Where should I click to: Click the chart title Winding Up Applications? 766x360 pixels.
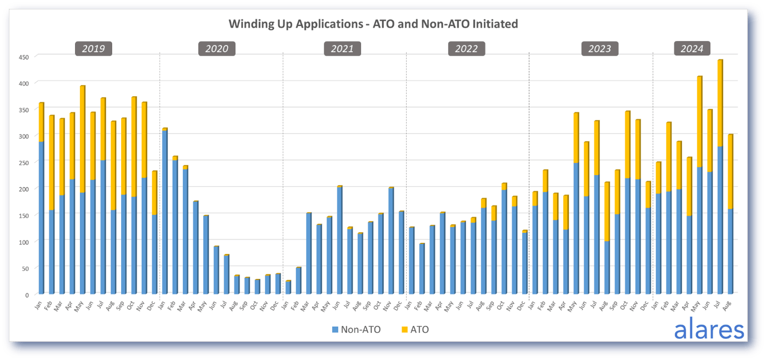click(373, 24)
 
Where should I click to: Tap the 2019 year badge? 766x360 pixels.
click(93, 49)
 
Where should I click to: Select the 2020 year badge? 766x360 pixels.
click(217, 49)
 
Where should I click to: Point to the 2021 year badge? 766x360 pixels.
click(342, 49)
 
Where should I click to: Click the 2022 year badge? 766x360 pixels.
click(467, 49)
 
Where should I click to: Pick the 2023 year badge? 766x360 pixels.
click(599, 49)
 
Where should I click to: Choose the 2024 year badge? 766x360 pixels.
click(692, 49)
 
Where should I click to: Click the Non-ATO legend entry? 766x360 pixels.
click(356, 329)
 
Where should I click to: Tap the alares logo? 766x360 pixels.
click(709, 329)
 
